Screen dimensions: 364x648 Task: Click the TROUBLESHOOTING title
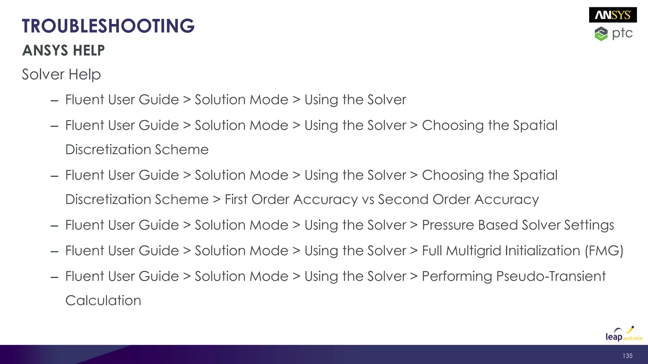click(x=108, y=26)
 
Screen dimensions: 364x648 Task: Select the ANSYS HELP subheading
click(x=63, y=51)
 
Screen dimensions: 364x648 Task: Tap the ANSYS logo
click(x=613, y=15)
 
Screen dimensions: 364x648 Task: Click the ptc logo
click(x=614, y=33)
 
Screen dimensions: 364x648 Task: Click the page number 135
click(x=627, y=356)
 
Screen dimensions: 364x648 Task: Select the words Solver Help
click(x=61, y=75)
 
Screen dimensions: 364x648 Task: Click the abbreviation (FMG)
click(x=604, y=251)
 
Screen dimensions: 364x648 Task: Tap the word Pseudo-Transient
click(x=551, y=276)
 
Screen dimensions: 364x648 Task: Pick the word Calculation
click(x=103, y=300)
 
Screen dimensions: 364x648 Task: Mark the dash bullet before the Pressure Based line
click(x=54, y=226)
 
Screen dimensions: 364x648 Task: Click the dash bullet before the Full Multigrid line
click(x=54, y=252)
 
